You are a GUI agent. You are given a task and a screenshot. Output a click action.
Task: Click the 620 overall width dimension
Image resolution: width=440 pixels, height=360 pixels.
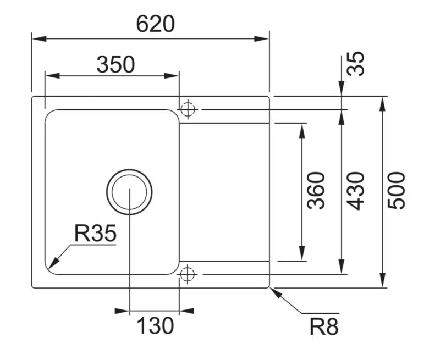point(156,24)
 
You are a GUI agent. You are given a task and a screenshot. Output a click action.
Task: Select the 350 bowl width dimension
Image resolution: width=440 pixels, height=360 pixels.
point(116,64)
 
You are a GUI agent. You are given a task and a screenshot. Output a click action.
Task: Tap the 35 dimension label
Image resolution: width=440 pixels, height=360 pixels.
point(356,64)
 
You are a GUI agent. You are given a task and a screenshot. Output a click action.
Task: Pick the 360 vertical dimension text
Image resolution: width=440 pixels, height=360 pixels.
point(316,191)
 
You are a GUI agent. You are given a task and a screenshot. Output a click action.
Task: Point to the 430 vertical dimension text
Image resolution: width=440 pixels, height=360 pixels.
point(356,191)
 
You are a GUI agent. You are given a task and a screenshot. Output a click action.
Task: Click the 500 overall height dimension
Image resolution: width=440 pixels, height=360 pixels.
point(396,191)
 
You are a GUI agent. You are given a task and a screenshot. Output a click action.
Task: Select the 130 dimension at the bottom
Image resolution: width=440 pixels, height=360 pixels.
point(155,325)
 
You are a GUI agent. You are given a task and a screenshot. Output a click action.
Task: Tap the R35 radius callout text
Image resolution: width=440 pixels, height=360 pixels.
point(95,234)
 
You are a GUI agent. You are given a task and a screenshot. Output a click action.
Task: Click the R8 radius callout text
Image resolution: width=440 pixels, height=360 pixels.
point(324,326)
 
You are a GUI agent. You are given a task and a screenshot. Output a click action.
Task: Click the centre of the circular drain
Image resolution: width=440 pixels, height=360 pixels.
point(129,192)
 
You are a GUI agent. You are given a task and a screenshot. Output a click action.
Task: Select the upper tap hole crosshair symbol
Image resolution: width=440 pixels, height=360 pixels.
point(188,109)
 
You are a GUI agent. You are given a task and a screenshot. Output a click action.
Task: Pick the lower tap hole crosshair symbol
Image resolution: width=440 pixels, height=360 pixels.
point(188,274)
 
